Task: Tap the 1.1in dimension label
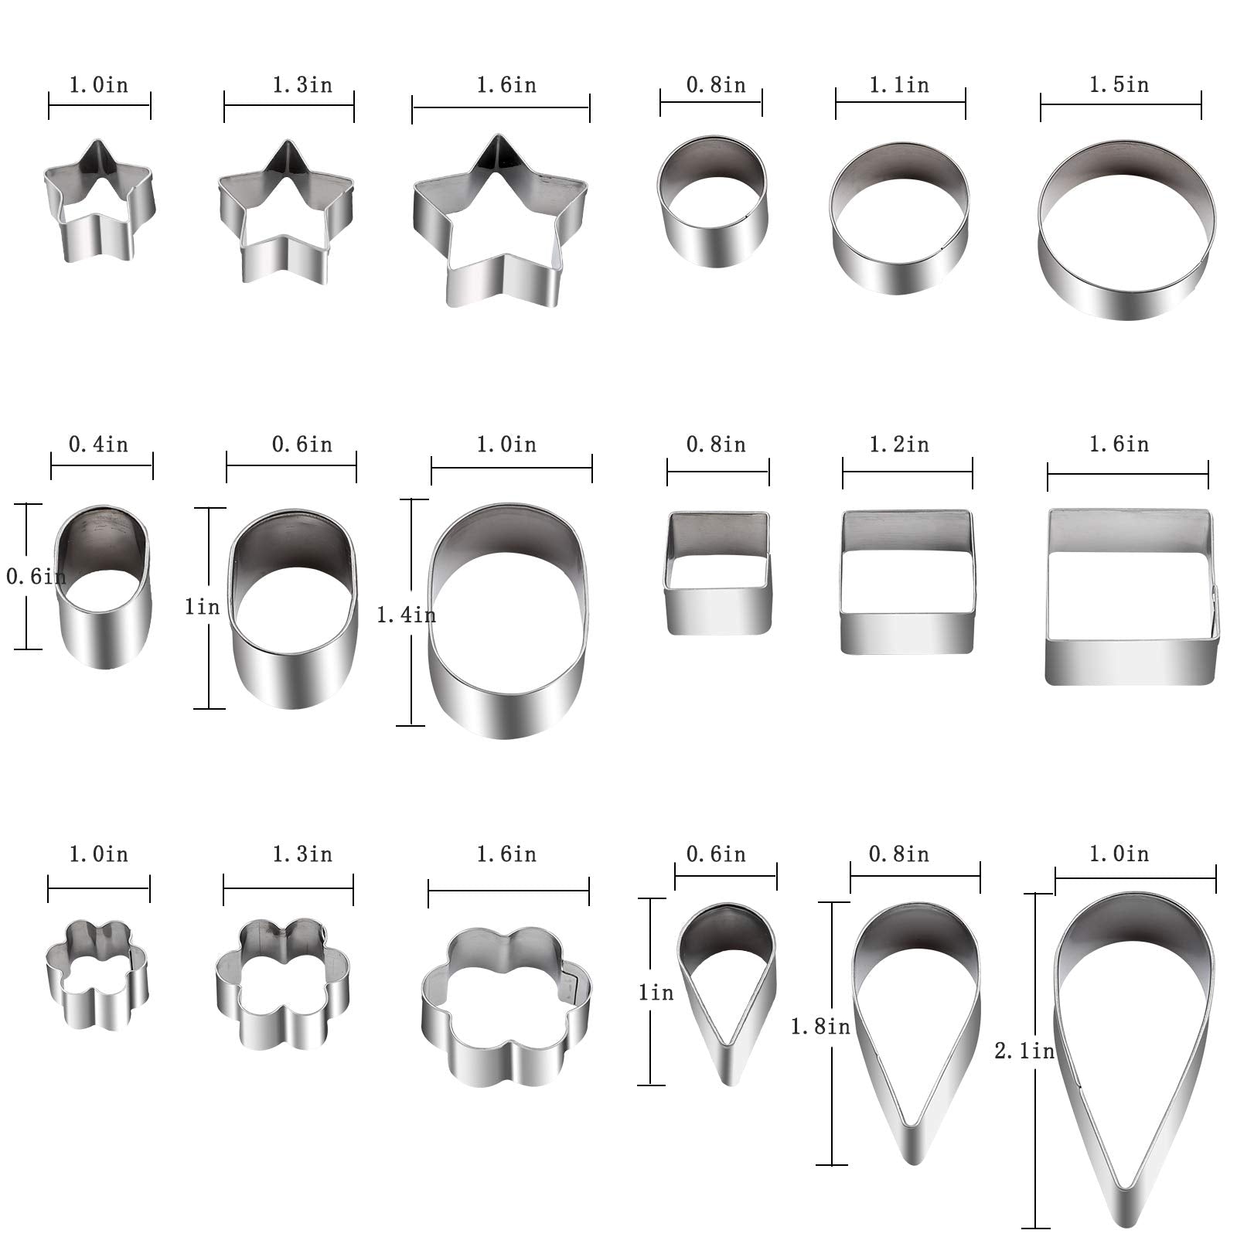pyautogui.click(x=900, y=84)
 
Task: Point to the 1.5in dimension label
pyautogui.click(x=1119, y=84)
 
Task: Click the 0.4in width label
pyautogui.click(x=99, y=445)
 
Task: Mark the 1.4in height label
pyautogui.click(x=406, y=615)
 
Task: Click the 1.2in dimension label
pyautogui.click(x=900, y=445)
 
